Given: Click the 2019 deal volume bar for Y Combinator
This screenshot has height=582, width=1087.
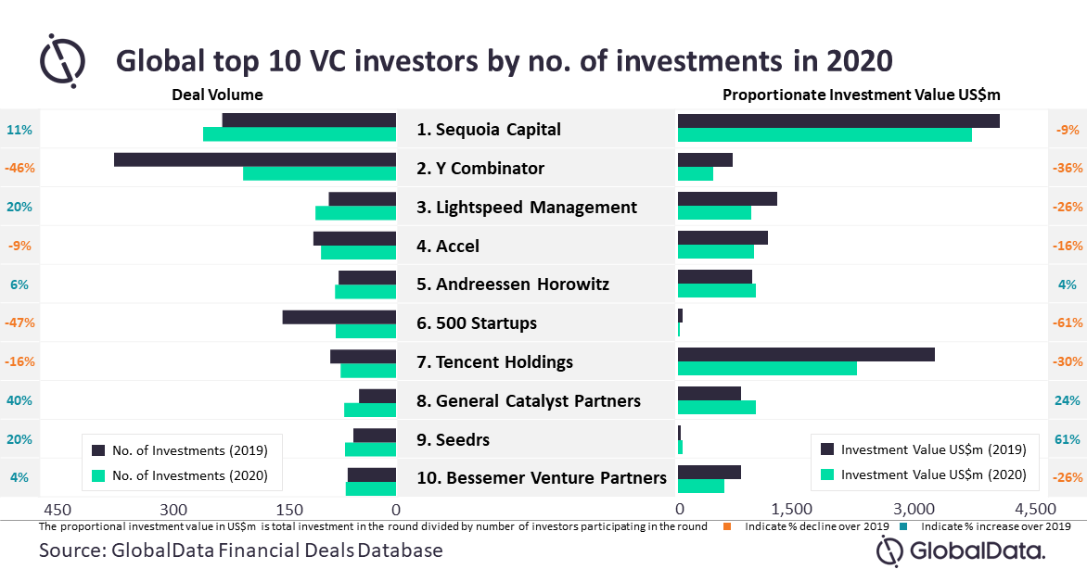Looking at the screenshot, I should point(255,160).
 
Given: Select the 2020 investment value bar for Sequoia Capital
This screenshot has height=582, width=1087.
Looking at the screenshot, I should point(825,134).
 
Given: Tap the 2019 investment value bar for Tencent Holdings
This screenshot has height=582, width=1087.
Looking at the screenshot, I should point(806,355).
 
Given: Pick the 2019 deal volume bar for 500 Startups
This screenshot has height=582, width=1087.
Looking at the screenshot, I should point(339,317).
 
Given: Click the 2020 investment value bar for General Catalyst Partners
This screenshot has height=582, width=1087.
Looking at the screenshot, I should point(717,407).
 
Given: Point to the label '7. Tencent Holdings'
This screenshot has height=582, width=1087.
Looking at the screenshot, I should point(494,362).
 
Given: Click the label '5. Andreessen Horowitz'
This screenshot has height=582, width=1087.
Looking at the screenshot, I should point(513,285).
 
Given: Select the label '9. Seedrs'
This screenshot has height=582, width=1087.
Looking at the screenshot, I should point(453,440).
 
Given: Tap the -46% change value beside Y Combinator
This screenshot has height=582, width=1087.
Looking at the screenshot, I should point(19,169).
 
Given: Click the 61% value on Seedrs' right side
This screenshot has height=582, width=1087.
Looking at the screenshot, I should point(1068,439).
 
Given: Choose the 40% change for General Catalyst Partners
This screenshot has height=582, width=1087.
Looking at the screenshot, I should point(19,401).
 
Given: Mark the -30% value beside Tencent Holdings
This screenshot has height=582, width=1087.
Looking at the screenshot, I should point(1068,362).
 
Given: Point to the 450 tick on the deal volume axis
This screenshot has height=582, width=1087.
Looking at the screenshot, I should point(57,510).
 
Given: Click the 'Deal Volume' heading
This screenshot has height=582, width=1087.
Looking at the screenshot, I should point(217,95).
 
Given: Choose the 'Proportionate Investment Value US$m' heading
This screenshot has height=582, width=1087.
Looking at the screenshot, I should point(862,95).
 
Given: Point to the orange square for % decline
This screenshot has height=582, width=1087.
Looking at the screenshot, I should point(728,526).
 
